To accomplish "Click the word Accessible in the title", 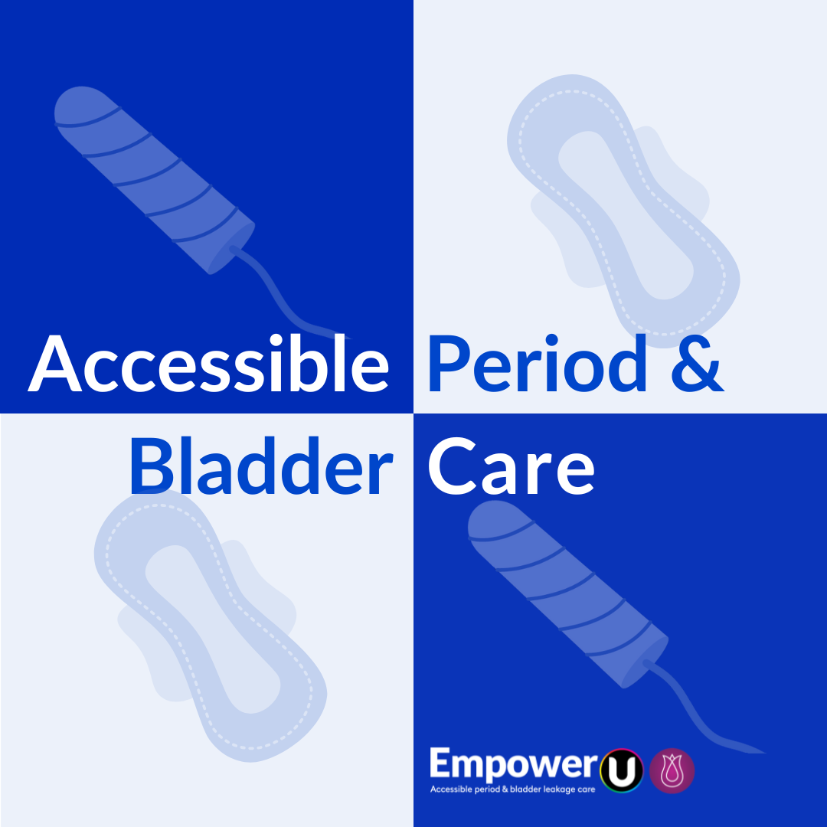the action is tap(208, 364).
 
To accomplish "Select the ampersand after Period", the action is tap(698, 364).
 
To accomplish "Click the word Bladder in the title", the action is tap(260, 466).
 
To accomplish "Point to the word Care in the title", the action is tap(511, 467).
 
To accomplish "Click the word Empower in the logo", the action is tap(514, 765).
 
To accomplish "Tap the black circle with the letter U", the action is tap(622, 770).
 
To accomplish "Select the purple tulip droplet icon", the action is tap(672, 770).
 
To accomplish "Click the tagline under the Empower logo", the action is tap(512, 789).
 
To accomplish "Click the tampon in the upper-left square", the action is tap(153, 179).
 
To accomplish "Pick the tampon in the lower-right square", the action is tap(567, 593).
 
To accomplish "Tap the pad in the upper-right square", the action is tap(623, 211).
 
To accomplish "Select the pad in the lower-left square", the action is tap(210, 625).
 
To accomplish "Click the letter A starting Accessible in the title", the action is tap(55, 364).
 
